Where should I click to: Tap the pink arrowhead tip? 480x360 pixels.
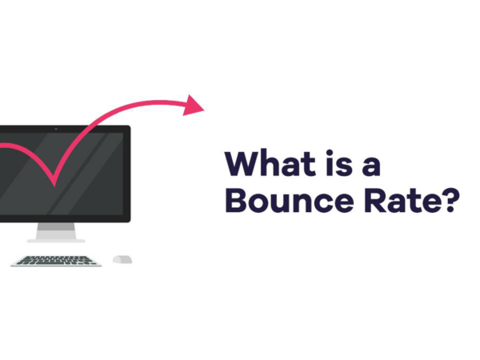203,106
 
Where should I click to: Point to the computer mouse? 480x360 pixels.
122,259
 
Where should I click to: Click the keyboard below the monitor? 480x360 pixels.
56,260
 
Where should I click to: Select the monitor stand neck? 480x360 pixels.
55,229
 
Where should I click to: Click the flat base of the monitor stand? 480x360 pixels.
55,239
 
